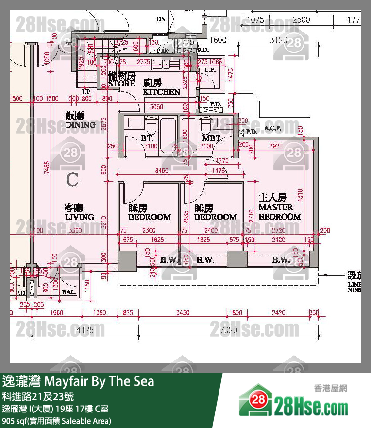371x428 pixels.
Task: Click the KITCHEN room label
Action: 161,88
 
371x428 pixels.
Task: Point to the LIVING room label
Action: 79,213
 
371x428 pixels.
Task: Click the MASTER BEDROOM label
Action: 279,207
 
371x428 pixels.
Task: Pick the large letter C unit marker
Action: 72,180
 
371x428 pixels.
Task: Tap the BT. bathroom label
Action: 147,139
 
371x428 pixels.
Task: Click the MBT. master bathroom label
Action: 212,139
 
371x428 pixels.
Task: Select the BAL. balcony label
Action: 68,292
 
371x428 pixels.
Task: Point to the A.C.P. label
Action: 273,129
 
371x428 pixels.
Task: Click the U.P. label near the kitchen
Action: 210,70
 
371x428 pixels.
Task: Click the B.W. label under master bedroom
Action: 281,260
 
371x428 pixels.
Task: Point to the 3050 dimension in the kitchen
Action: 156,107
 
